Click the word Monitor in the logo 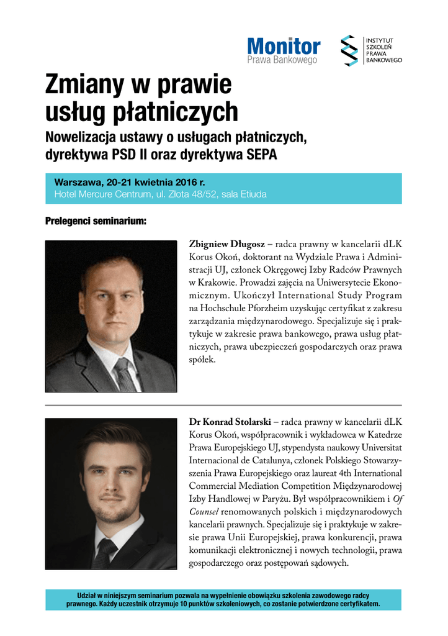[x=284, y=46]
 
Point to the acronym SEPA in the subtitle [x=257, y=153]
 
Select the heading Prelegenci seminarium [x=96, y=220]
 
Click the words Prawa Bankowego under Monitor [x=282, y=60]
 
